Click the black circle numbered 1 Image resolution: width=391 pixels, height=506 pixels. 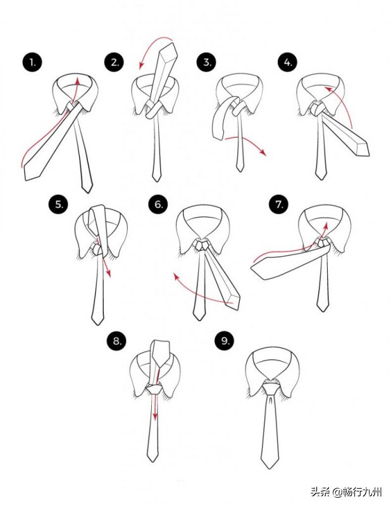[x=32, y=62]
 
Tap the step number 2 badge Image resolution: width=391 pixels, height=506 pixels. [x=115, y=62]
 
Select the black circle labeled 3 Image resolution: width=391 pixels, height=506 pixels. [x=207, y=62]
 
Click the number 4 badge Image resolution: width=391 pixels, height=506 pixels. [x=287, y=62]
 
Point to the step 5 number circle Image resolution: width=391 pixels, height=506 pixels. [x=58, y=204]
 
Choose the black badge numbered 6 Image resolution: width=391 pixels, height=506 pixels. [x=158, y=204]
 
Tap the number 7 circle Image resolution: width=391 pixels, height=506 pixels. [x=279, y=204]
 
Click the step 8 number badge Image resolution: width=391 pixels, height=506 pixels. [x=116, y=341]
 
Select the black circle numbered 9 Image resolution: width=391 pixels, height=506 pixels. [x=225, y=341]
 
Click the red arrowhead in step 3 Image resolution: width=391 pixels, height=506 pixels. [x=263, y=152]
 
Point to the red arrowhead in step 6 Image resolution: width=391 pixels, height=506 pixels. [x=177, y=276]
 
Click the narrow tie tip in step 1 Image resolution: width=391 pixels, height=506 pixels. [x=87, y=188]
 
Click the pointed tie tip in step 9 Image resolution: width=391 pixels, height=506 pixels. [x=270, y=464]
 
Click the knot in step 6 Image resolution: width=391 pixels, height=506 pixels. [x=202, y=245]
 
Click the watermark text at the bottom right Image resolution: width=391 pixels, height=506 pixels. [x=347, y=492]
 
